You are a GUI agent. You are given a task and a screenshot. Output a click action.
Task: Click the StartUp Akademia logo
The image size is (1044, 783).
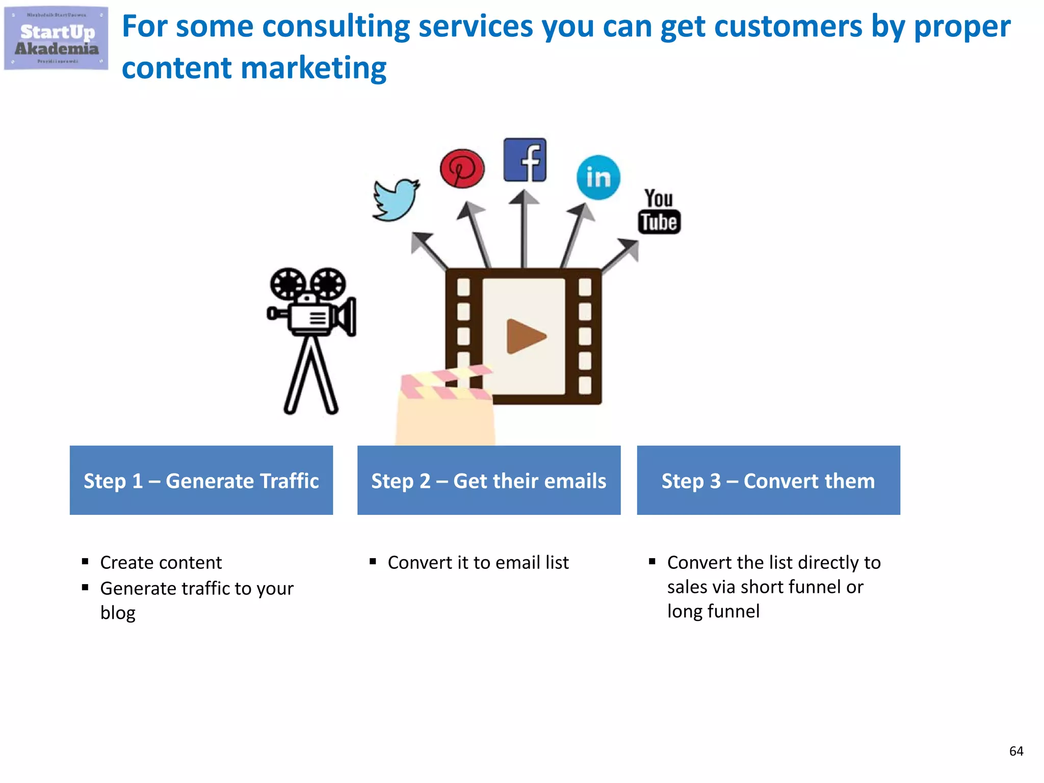point(56,38)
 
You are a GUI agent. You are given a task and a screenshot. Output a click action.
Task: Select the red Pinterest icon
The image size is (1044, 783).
point(462,168)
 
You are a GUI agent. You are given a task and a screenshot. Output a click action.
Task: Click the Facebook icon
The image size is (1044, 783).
point(525,160)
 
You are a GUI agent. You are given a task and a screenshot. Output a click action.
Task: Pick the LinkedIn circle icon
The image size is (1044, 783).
point(598,177)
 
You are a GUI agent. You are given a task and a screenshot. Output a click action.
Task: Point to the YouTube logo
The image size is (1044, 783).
point(659,212)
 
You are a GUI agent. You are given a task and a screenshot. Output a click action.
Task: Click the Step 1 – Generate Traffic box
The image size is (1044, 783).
point(201,480)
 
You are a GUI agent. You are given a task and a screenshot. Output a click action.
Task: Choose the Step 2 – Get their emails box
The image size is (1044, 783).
point(489,480)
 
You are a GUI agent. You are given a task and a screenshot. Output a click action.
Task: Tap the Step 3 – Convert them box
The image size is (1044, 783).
point(768,480)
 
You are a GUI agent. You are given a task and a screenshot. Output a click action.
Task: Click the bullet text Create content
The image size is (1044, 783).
point(161,562)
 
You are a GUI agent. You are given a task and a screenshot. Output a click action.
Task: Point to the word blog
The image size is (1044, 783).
point(118,613)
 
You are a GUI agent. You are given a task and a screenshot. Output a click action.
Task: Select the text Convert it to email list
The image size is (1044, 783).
point(478,562)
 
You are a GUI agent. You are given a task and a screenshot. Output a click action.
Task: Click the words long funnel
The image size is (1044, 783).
point(713,611)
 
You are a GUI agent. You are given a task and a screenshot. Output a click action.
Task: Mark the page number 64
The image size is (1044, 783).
point(1016,751)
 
